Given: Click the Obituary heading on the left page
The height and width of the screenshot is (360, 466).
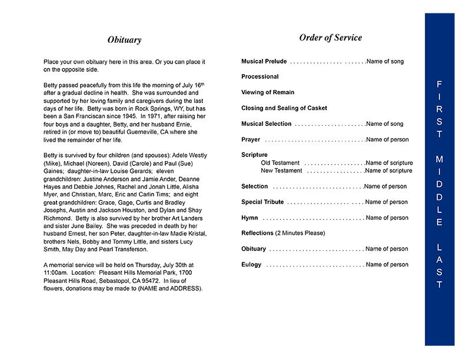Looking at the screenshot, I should (x=124, y=40).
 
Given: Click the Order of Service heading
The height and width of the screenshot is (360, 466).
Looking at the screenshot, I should (x=330, y=38).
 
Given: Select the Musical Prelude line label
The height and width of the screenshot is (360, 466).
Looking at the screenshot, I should (x=264, y=61).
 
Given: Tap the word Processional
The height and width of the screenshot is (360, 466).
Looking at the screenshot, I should (x=260, y=76).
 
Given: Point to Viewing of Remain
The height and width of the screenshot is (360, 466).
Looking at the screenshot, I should (x=268, y=92).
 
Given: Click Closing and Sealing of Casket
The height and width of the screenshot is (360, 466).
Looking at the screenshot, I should (x=284, y=108).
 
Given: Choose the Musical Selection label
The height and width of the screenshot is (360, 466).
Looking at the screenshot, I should (x=267, y=124).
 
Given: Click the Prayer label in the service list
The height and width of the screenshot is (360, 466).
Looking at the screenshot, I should (x=251, y=140).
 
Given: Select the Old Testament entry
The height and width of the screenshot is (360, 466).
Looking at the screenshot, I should (x=280, y=163).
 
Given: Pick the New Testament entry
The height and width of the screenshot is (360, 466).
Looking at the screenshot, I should (x=281, y=171).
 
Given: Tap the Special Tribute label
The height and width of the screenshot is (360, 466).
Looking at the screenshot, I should (x=262, y=202).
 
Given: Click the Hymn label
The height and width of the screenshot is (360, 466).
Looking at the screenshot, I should (x=249, y=218).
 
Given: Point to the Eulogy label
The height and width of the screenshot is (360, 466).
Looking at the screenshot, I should (x=251, y=265).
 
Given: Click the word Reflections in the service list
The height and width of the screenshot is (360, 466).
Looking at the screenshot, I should (x=257, y=233).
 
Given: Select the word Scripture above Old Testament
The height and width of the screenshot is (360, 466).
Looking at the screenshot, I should (x=254, y=155).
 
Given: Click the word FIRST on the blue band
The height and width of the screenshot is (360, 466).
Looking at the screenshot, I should (x=440, y=109).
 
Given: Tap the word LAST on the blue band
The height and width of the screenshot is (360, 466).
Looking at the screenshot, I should (x=440, y=266).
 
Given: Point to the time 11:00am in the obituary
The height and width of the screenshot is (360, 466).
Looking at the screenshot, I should (x=57, y=274).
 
